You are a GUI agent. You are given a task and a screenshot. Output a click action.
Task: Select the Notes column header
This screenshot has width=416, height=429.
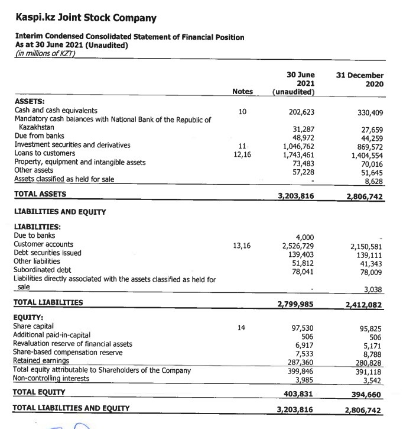point(242,91)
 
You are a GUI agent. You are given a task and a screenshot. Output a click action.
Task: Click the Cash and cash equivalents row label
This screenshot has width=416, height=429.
point(56,111)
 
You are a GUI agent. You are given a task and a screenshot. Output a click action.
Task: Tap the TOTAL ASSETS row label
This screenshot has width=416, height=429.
point(40,193)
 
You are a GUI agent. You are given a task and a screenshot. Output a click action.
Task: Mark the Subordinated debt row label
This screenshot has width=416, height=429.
point(42,269)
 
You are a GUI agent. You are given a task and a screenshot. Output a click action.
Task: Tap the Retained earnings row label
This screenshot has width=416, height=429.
point(41,360)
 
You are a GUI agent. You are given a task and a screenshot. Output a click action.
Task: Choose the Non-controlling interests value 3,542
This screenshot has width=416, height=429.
point(372,380)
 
